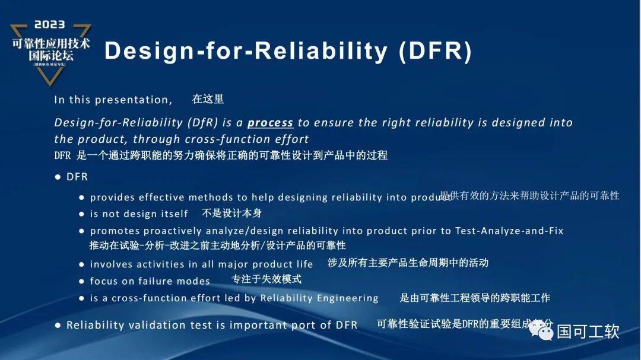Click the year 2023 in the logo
[50, 25]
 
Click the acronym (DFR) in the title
[435, 52]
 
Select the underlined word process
[270, 123]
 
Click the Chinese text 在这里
[208, 99]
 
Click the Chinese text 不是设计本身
[231, 213]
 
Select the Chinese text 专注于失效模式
[266, 279]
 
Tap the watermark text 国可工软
[588, 331]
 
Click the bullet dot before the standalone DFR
[58, 177]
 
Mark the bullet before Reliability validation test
[58, 325]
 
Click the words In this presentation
[113, 100]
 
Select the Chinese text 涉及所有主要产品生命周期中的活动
[408, 262]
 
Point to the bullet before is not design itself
[82, 214]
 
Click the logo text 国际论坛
[50, 56]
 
